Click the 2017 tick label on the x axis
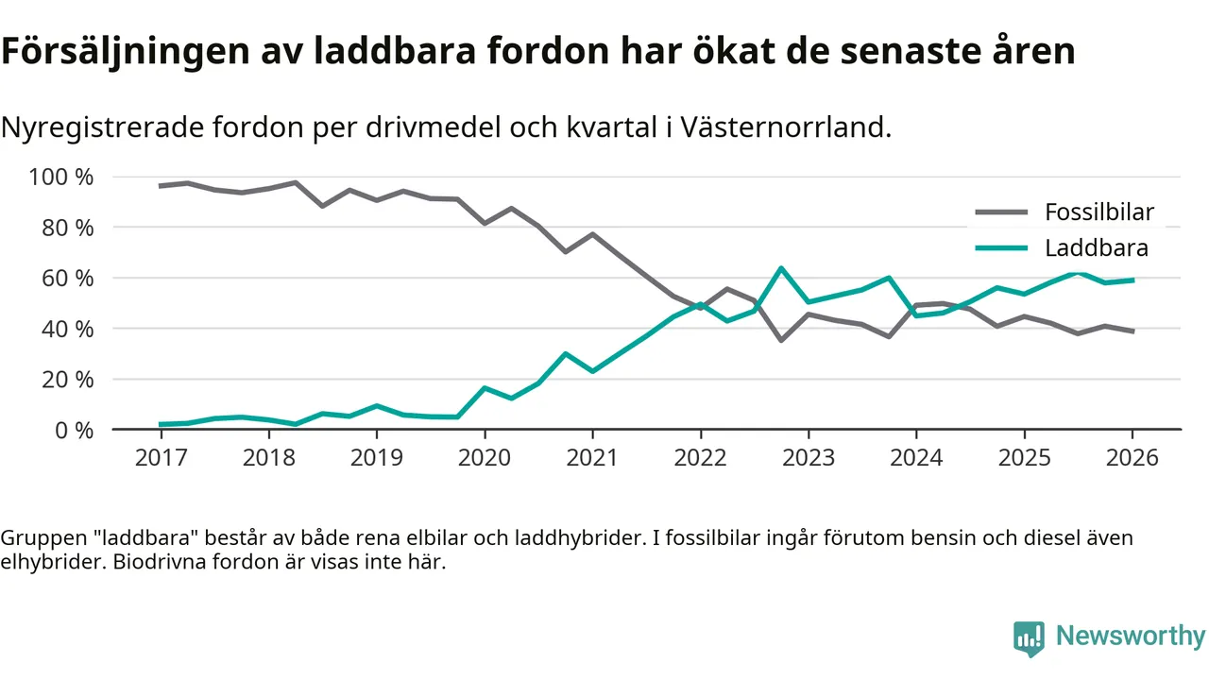161,458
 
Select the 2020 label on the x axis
485,458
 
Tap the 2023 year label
809,458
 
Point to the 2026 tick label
1132,458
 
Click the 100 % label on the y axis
62,178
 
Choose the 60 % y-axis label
69,279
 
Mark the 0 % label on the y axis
76,430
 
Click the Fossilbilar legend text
1098,212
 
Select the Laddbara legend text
1096,248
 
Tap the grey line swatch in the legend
1000,212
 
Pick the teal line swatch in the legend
1000,248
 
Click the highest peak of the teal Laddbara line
781,268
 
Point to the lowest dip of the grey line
781,340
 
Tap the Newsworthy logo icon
1029,638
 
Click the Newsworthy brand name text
1131,637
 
